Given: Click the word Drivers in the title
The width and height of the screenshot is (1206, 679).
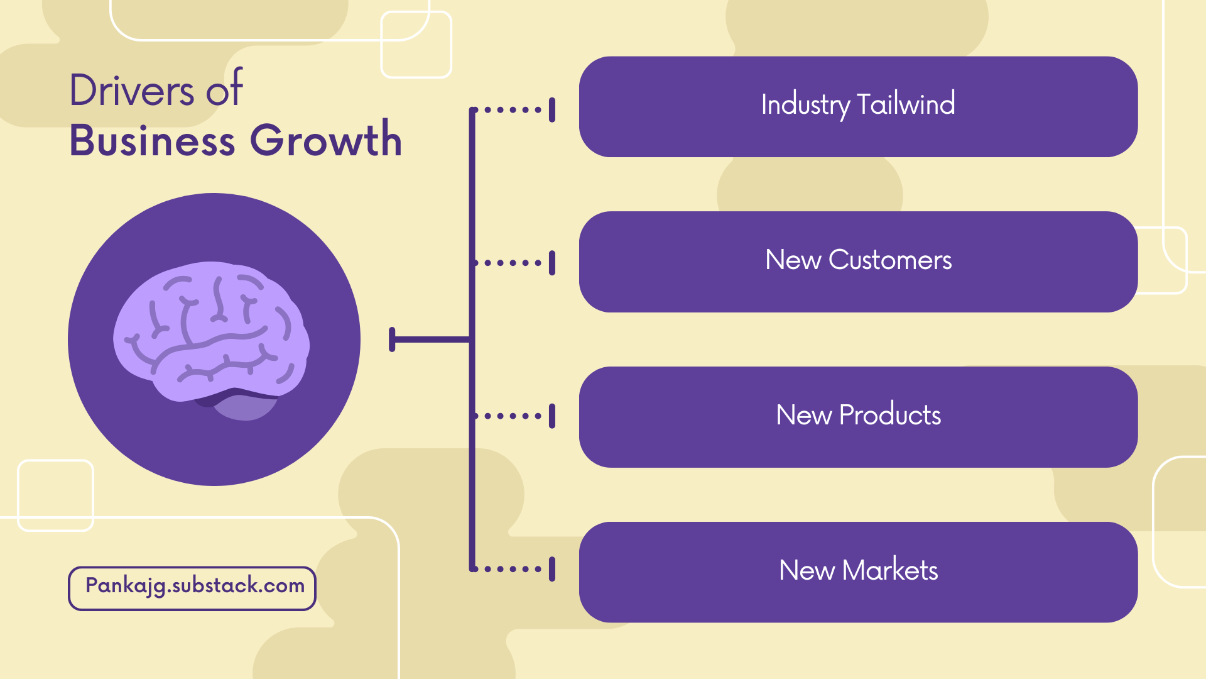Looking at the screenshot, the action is point(132,91).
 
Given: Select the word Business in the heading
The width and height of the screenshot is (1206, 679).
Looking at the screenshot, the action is point(152,140).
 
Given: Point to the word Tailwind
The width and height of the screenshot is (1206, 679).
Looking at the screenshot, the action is point(906,104).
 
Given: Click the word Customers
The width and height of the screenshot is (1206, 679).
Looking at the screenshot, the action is point(890,260).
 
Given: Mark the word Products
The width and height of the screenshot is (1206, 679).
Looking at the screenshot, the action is point(890,415).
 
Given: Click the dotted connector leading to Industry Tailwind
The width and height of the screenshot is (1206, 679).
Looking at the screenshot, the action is point(512,110).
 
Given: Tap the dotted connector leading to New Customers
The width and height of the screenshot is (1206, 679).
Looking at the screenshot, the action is point(512,263).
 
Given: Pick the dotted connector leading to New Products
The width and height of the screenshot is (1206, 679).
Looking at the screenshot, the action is point(512,416).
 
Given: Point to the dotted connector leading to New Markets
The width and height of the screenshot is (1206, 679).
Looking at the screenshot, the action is point(512,569).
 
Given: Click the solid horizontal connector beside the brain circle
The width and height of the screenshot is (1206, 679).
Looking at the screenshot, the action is point(430,339).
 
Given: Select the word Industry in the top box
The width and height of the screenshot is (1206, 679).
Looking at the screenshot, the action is point(805,104).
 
